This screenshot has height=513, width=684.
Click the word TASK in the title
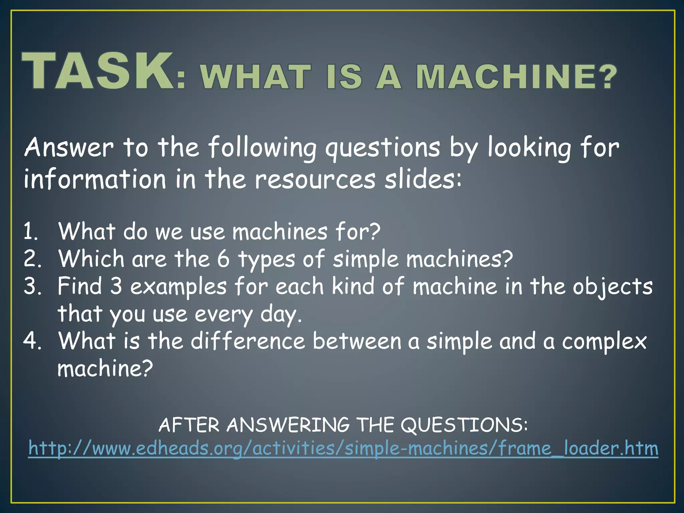click(x=98, y=71)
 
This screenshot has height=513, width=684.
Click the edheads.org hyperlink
click(x=343, y=448)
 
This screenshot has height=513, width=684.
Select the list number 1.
click(x=31, y=231)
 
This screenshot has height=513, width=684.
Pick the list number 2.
click(x=32, y=259)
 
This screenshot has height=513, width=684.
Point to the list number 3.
click(x=32, y=286)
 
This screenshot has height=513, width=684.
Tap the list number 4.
click(x=32, y=341)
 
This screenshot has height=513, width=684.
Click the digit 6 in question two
click(x=223, y=259)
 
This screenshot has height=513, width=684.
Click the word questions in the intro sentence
click(x=383, y=148)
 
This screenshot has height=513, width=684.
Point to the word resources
click(x=315, y=180)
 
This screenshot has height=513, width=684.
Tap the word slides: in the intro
click(x=423, y=179)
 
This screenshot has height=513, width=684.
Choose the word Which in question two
click(x=91, y=259)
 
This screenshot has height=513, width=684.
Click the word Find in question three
click(x=79, y=286)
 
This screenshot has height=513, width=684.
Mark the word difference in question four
click(x=247, y=341)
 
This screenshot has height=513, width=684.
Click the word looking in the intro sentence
click(x=529, y=148)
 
